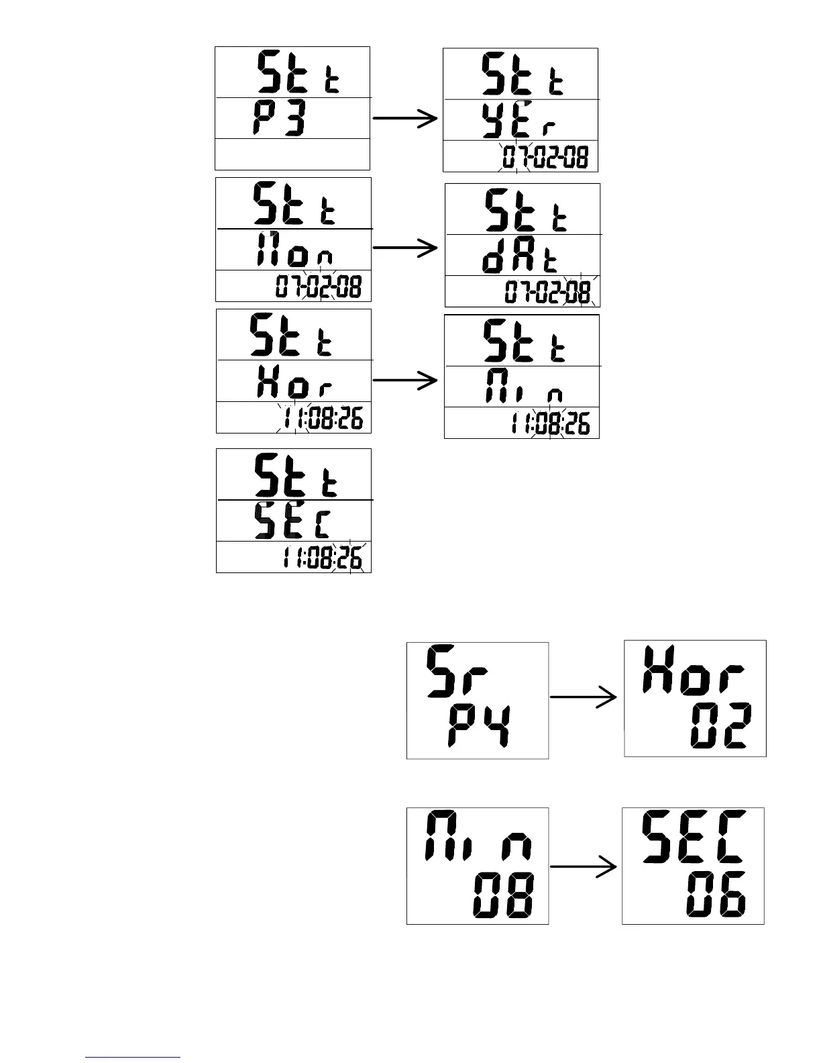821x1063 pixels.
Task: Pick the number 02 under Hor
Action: (720, 727)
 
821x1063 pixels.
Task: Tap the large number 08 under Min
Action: (503, 895)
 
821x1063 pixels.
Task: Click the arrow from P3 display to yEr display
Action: (405, 119)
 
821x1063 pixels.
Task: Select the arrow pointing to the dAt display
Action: (405, 248)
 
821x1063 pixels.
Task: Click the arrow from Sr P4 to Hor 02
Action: (584, 697)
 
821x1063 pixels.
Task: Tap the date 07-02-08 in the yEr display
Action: (545, 158)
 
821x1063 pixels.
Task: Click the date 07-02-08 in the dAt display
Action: (547, 293)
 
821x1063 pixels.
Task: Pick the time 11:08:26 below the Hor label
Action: (322, 419)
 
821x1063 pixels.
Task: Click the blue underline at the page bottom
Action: (133, 1058)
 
